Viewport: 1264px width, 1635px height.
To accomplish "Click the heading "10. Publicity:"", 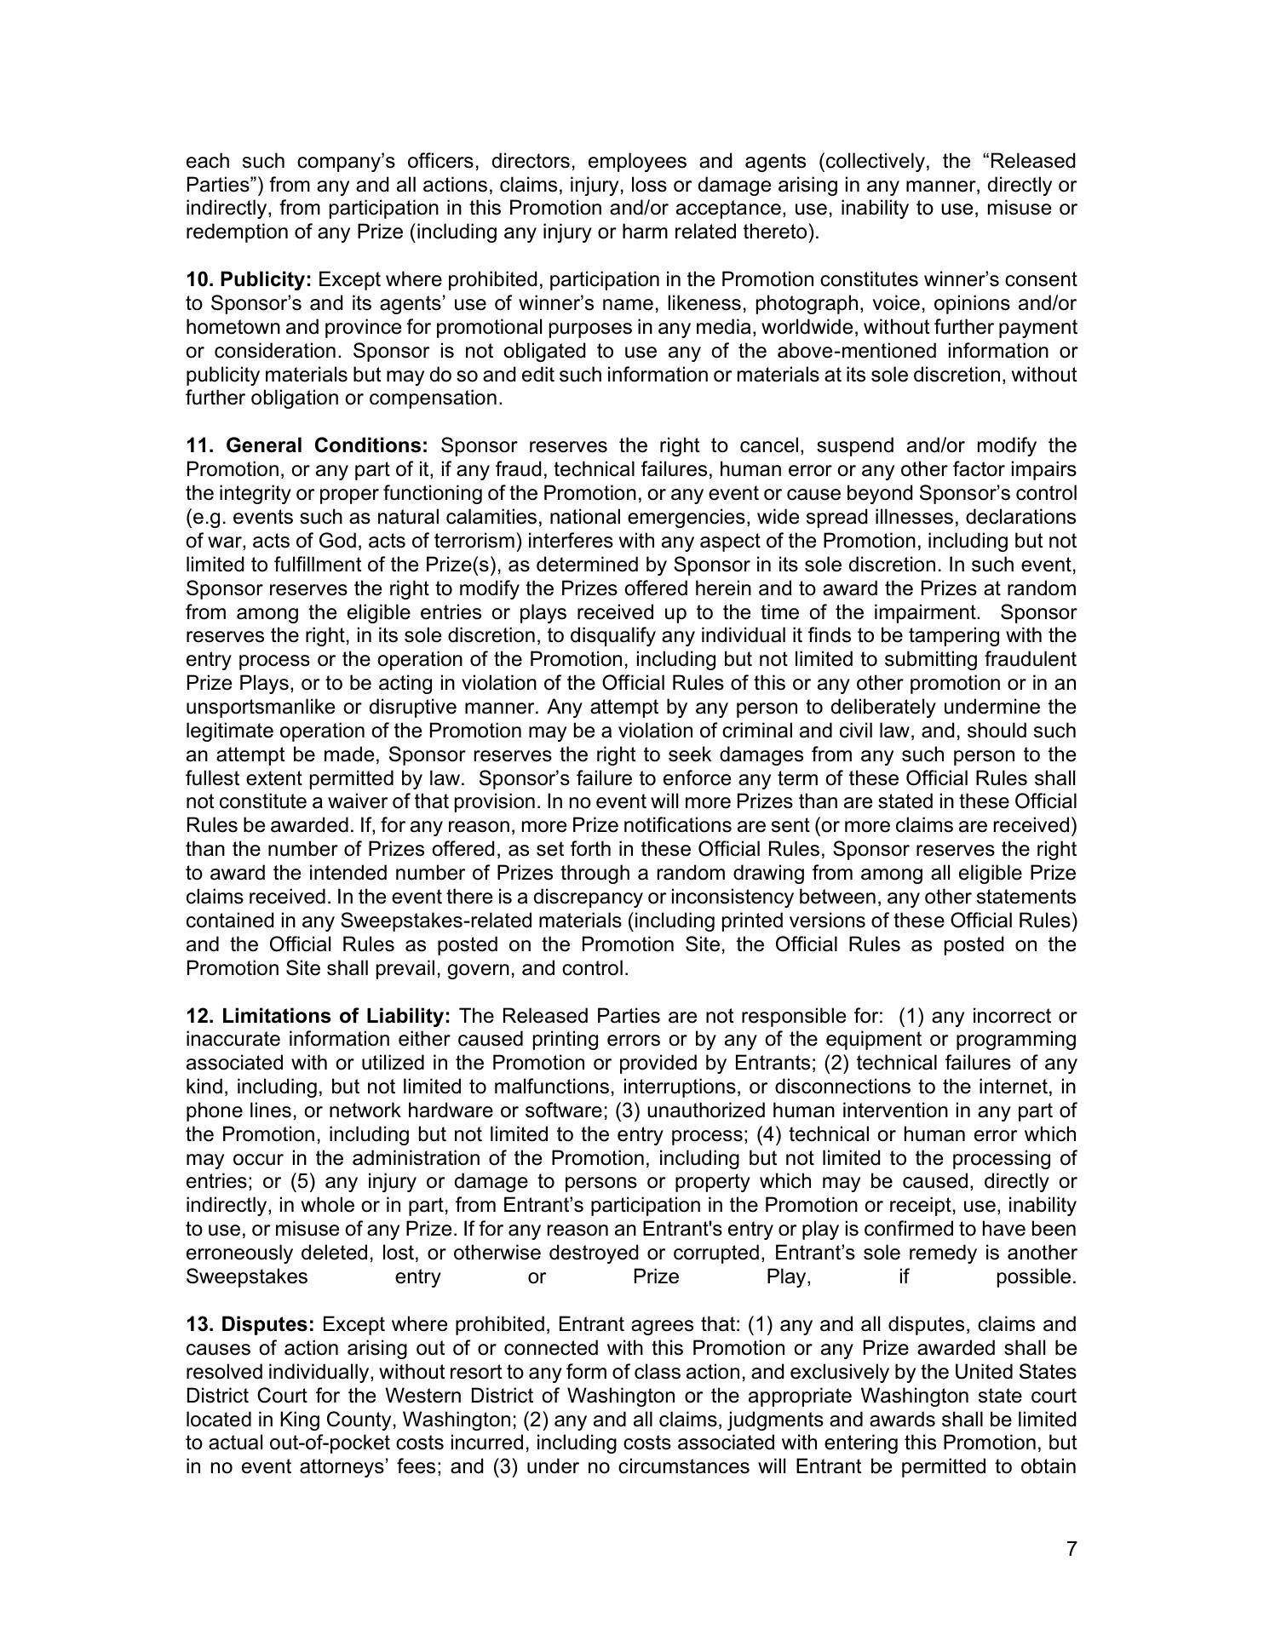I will pyautogui.click(x=249, y=280).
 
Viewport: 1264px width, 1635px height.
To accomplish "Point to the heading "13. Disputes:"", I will pyautogui.click(x=251, y=1325).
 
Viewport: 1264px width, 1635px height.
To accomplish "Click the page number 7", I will pyautogui.click(x=1072, y=1549).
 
